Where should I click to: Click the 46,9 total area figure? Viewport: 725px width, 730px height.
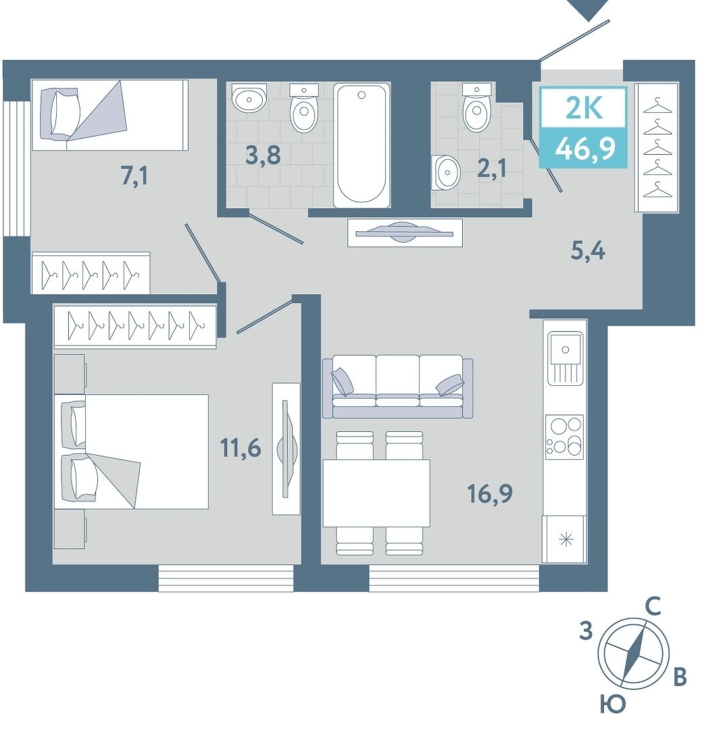pyautogui.click(x=585, y=149)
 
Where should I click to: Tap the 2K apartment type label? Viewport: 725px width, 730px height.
pyautogui.click(x=584, y=109)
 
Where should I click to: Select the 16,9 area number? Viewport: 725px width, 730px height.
pyautogui.click(x=491, y=493)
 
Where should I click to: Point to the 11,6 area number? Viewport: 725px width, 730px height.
pyautogui.click(x=241, y=448)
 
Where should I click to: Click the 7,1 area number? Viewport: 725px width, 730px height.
pyautogui.click(x=134, y=176)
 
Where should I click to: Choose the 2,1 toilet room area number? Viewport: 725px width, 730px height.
pyautogui.click(x=491, y=168)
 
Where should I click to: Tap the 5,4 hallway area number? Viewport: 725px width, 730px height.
pyautogui.click(x=588, y=251)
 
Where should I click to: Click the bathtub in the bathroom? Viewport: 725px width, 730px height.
pyautogui.click(x=362, y=146)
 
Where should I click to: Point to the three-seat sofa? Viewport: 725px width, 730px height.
pyautogui.click(x=398, y=387)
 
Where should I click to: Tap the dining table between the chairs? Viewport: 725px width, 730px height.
pyautogui.click(x=376, y=493)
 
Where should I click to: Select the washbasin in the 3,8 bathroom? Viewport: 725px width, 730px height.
pyautogui.click(x=249, y=98)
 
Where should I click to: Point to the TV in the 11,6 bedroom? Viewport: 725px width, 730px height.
pyautogui.click(x=286, y=449)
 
